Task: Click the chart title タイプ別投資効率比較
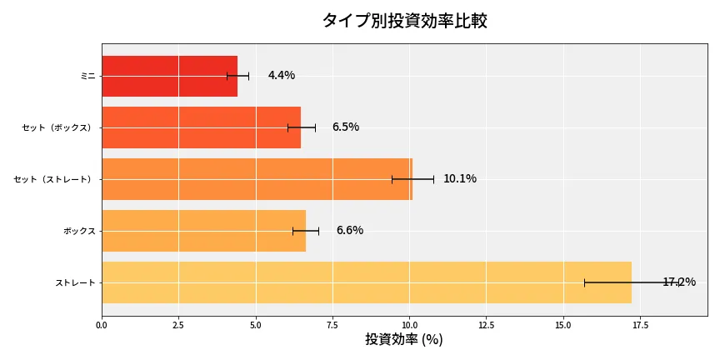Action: (x=404, y=21)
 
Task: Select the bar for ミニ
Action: (x=169, y=76)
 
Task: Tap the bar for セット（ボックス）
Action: (x=201, y=127)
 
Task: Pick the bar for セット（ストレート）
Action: (x=257, y=179)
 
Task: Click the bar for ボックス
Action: (x=203, y=231)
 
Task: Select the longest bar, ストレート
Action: (x=366, y=282)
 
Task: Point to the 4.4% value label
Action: (x=282, y=76)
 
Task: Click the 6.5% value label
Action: (x=345, y=127)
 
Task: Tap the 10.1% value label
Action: (x=460, y=179)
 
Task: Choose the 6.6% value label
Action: (x=350, y=231)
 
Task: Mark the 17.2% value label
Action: (x=679, y=282)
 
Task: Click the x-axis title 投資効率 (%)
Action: (x=404, y=340)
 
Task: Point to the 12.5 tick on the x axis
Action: (x=487, y=325)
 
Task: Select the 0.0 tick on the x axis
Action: (x=102, y=325)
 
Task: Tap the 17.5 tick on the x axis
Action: (x=641, y=325)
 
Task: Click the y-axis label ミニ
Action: (x=87, y=76)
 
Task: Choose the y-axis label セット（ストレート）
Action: (x=55, y=179)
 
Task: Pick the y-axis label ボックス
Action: (x=79, y=231)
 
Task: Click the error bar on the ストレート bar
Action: (x=632, y=282)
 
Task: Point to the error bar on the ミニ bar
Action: (x=237, y=76)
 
